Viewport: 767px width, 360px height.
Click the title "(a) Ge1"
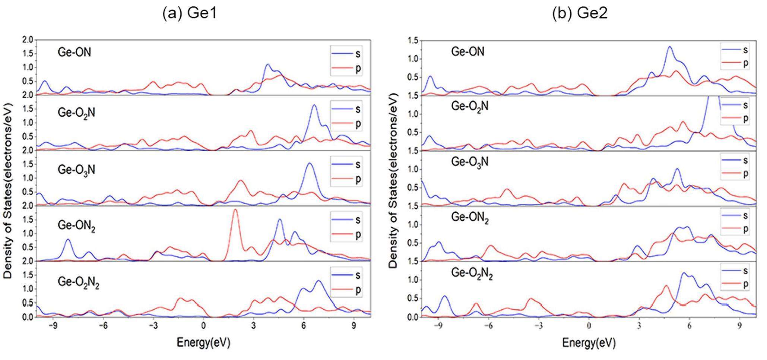pyautogui.click(x=189, y=13)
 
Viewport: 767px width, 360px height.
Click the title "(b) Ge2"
pyautogui.click(x=580, y=13)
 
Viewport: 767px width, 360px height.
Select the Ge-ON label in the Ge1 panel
pyautogui.click(x=74, y=52)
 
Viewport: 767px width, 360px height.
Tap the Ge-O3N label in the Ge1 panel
pyautogui.click(x=76, y=170)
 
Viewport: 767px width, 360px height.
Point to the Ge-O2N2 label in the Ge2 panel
pyautogui.click(x=472, y=273)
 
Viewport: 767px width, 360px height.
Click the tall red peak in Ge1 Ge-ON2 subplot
pyautogui.click(x=235, y=210)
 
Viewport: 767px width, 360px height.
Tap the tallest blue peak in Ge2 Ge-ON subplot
pyautogui.click(x=669, y=47)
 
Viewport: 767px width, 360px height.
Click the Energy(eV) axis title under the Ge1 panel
pyautogui.click(x=203, y=342)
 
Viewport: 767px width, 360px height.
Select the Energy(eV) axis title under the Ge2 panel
pyautogui.click(x=589, y=342)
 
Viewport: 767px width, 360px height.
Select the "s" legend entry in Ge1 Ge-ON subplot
pyautogui.click(x=358, y=54)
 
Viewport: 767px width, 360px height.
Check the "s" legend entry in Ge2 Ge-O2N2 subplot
pyautogui.click(x=745, y=271)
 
